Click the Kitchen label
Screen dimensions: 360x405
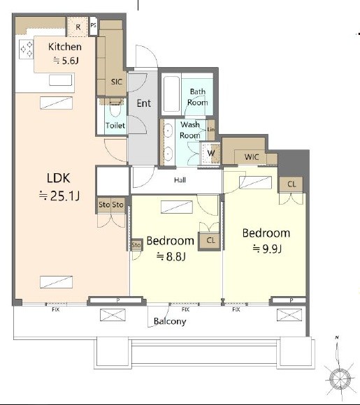coord(65,47)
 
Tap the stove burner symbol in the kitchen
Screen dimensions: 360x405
coord(27,50)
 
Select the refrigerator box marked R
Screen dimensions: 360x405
coord(78,27)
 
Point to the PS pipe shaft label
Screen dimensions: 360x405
coord(94,25)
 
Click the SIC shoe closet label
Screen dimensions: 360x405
coord(116,82)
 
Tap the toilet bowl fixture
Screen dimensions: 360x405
coord(115,109)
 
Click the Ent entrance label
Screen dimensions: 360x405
coord(144,103)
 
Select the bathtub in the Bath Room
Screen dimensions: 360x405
coord(171,94)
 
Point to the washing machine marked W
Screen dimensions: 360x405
coord(211,153)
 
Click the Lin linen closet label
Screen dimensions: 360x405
coord(211,129)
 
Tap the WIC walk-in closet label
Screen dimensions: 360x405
coord(252,157)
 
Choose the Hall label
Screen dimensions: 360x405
coord(180,180)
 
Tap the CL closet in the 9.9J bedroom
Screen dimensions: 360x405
coord(291,184)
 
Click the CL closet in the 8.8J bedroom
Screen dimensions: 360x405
coord(210,241)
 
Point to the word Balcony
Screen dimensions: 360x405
coord(170,321)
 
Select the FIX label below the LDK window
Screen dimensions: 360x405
coord(56,309)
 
